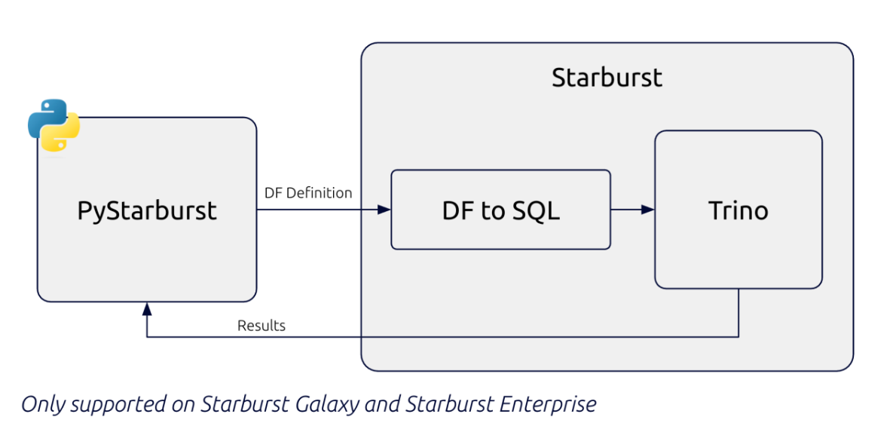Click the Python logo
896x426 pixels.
(x=54, y=125)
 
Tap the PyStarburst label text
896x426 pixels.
(x=147, y=210)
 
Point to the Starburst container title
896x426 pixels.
(x=607, y=78)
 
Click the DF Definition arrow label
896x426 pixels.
(x=308, y=193)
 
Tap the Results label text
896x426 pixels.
(x=261, y=326)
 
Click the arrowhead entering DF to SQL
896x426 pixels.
(x=384, y=210)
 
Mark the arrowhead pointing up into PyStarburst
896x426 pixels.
(x=147, y=308)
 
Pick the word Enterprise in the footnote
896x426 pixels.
(x=548, y=405)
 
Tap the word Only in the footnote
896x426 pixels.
(x=39, y=405)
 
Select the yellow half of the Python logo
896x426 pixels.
(x=63, y=136)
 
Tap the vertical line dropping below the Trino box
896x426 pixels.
(x=739, y=313)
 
